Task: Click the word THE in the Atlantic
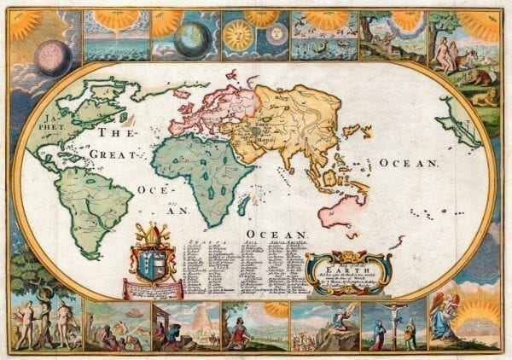click(x=112, y=133)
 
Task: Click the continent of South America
click(x=96, y=200)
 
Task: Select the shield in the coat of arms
click(x=154, y=260)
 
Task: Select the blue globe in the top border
click(x=189, y=39)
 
